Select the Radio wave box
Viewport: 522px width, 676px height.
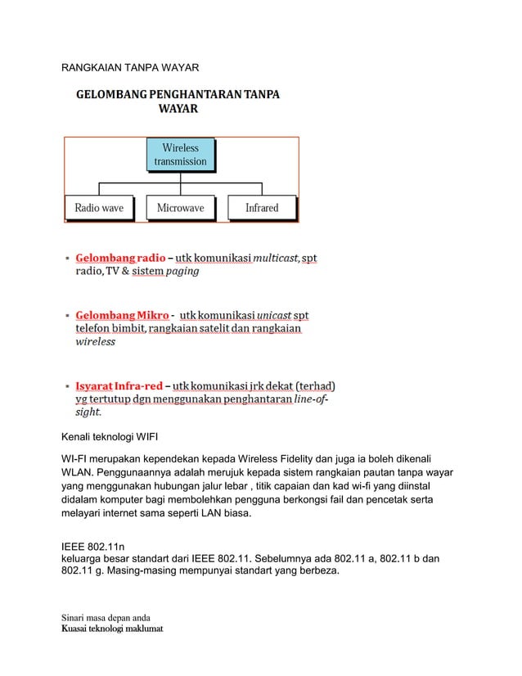coord(99,208)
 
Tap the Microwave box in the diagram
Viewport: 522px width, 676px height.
coord(180,208)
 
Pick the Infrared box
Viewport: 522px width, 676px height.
coord(262,208)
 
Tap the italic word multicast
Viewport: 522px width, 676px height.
coord(275,258)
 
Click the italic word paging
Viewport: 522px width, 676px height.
coord(182,271)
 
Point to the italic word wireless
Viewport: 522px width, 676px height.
coord(96,342)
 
